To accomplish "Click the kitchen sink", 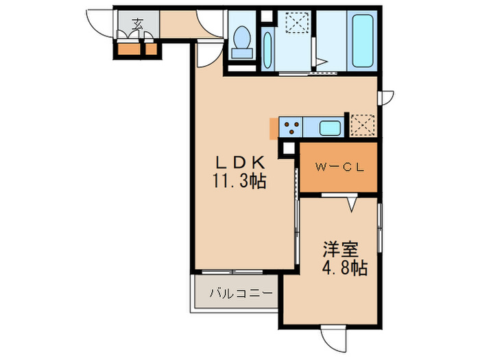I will pyautogui.click(x=330, y=128).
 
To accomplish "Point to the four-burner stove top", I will pyautogui.click(x=291, y=127).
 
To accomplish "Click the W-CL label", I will pyautogui.click(x=339, y=167).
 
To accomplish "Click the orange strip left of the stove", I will pyautogui.click(x=274, y=128).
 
